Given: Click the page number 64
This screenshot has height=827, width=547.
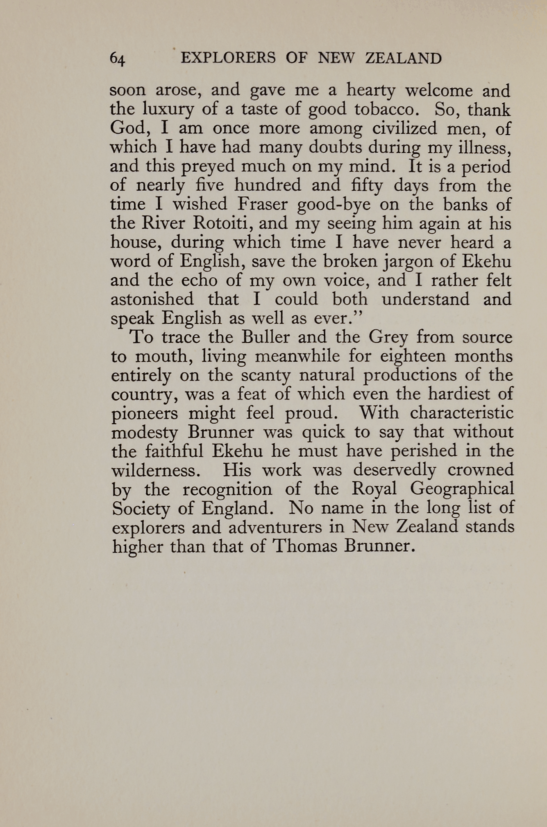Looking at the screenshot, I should tap(117, 59).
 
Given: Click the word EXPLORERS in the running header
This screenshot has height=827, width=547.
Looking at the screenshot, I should tap(228, 58).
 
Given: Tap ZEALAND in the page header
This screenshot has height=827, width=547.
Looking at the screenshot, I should tap(403, 58).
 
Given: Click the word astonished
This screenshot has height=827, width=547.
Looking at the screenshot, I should tap(152, 299).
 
